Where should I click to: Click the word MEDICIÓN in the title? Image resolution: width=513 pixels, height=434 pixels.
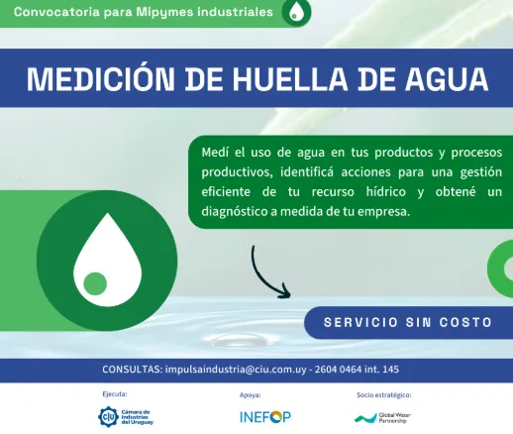click(95, 78)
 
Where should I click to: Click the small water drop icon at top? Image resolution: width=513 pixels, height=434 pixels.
click(296, 12)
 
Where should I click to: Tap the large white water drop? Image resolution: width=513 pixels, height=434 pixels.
click(95, 255)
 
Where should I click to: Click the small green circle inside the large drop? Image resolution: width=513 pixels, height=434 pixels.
click(95, 283)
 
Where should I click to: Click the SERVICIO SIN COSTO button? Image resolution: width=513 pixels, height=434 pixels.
click(408, 323)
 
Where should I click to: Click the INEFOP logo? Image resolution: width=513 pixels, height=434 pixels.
click(264, 417)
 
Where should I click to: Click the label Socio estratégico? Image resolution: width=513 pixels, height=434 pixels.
click(384, 394)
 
